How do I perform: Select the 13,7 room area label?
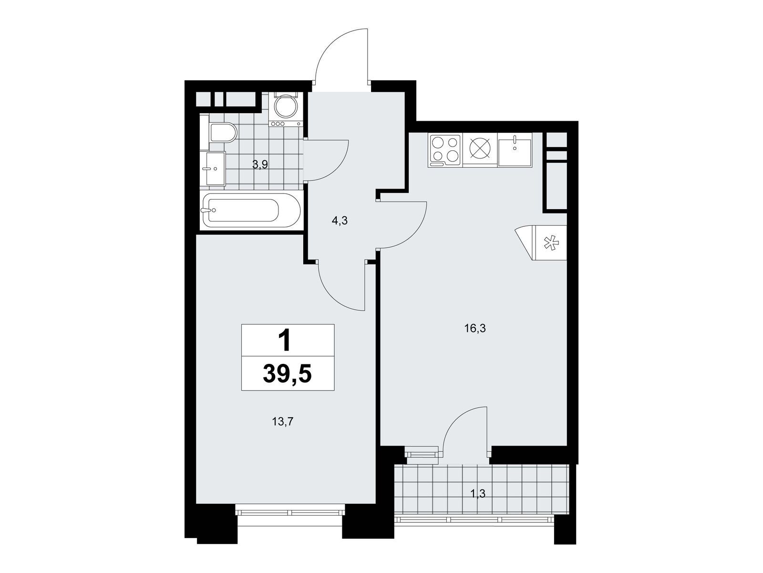(x=283, y=423)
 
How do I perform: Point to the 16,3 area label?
(x=475, y=328)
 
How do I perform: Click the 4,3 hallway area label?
(x=340, y=221)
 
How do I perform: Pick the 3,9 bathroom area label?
(x=260, y=165)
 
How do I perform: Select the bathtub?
(x=251, y=210)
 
